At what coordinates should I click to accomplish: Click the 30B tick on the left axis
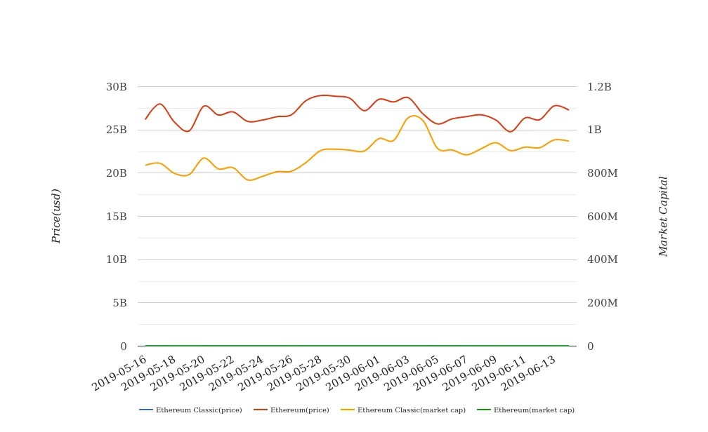click(116, 87)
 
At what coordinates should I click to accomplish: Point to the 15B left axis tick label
click(116, 217)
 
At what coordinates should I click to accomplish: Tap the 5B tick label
click(119, 303)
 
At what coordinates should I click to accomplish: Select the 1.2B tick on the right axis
click(599, 87)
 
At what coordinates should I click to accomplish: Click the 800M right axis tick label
click(602, 173)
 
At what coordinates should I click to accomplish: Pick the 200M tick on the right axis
click(602, 303)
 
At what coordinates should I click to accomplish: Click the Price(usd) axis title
click(56, 216)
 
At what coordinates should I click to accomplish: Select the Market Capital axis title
click(663, 216)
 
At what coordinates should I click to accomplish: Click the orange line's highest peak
click(413, 116)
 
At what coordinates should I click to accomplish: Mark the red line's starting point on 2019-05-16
click(145, 119)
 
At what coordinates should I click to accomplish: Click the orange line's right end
click(568, 141)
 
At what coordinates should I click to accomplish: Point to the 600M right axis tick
click(602, 217)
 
